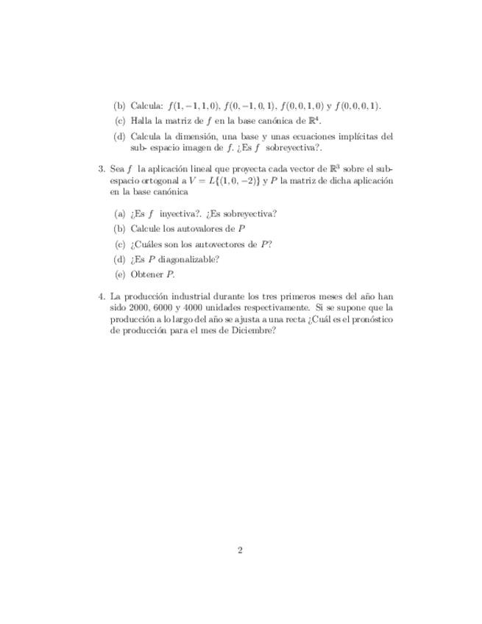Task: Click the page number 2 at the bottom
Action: [241, 550]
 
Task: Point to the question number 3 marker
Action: [102, 169]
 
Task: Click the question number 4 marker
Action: [102, 296]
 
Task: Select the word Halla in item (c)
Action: [141, 121]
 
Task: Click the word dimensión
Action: [196, 136]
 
